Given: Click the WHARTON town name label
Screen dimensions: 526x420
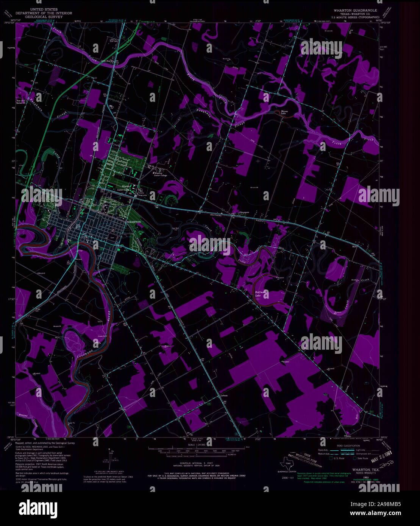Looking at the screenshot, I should (x=134, y=221).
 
